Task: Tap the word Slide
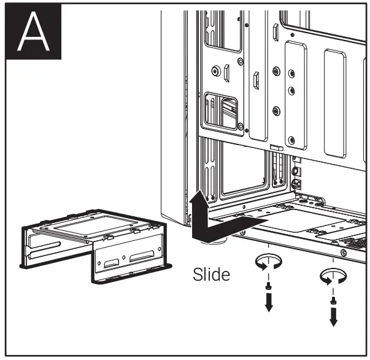point(211,274)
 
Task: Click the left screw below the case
point(268,285)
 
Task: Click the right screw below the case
point(333,300)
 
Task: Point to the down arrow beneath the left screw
point(268,302)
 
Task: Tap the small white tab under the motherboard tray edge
point(276,147)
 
